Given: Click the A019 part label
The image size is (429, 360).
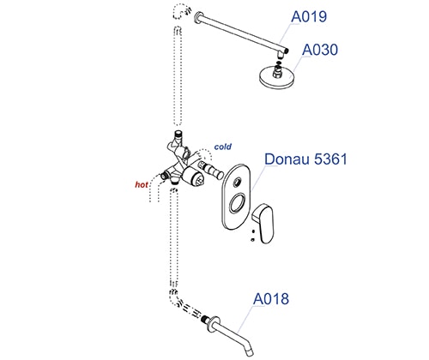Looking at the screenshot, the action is (309, 16).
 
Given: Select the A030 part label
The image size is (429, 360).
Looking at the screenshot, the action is (320, 50).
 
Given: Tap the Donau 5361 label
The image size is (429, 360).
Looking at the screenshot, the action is (305, 159).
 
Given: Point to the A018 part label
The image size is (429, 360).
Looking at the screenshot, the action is (271, 299).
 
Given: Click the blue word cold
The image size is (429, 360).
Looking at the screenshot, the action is (223, 147).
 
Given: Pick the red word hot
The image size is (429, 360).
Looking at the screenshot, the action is (142, 185).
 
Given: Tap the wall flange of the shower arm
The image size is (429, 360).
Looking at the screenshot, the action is (197, 17).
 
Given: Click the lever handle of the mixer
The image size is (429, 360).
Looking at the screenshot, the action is (264, 224).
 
